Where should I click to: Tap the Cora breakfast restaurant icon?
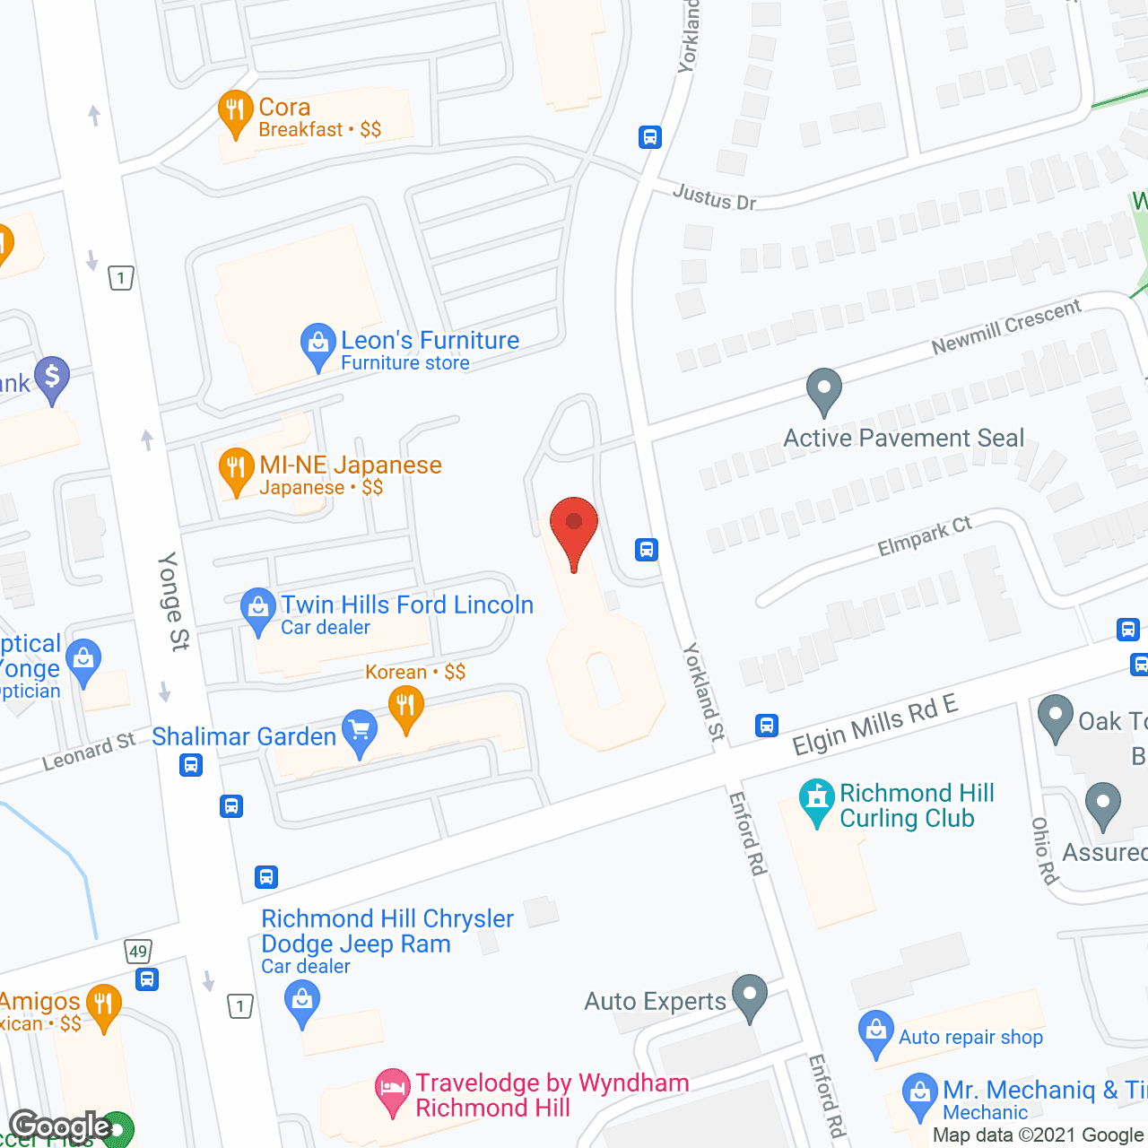coord(236,112)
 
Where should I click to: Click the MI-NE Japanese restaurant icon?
coord(236,469)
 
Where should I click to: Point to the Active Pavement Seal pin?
coord(823,390)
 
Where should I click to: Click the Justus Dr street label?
coord(715,196)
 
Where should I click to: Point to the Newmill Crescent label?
coord(1006,326)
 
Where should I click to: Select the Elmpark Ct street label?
coord(925,535)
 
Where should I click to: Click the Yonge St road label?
coord(173,601)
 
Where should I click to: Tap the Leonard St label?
coord(89,752)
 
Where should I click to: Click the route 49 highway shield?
coord(137,952)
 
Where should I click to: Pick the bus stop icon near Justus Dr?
coord(650,137)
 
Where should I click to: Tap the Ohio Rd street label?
coord(1044,850)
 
